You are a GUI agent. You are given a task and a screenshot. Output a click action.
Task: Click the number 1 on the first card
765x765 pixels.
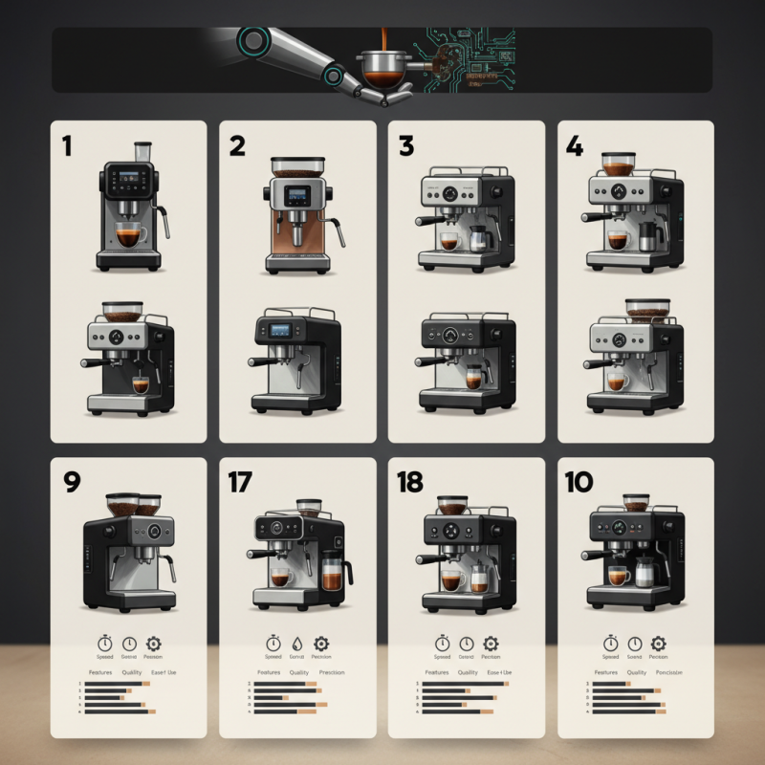click(x=67, y=145)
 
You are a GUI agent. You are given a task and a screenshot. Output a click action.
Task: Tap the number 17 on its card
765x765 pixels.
click(x=239, y=483)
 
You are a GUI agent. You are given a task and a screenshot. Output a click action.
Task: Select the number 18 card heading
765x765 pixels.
click(x=409, y=483)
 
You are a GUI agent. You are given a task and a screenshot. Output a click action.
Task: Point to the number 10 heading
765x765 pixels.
click(x=579, y=483)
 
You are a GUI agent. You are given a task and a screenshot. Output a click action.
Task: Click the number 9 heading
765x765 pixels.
click(x=71, y=483)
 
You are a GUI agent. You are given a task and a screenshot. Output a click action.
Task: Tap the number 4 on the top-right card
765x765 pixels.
click(x=574, y=145)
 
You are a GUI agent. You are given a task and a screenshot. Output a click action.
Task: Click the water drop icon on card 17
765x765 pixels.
click(x=297, y=644)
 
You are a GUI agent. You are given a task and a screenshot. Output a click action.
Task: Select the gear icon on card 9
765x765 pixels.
click(x=152, y=644)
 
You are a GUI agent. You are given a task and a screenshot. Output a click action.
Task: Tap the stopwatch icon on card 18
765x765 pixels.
click(x=442, y=644)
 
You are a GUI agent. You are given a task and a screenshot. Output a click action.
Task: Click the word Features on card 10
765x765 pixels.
click(x=605, y=672)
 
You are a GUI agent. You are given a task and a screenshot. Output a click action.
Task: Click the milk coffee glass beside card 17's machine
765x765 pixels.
click(x=332, y=577)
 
